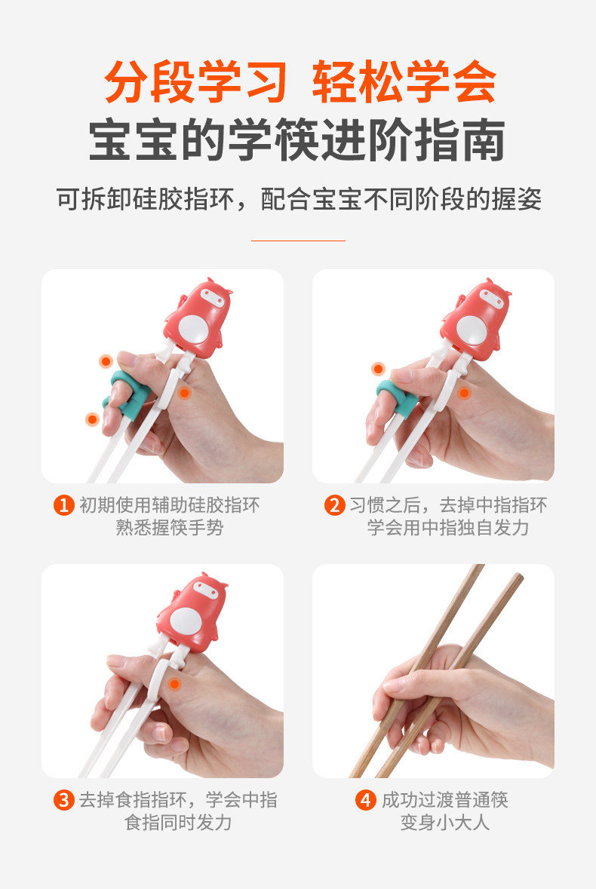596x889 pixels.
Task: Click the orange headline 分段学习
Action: pyautogui.click(x=195, y=81)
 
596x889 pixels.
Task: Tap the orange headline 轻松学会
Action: pyautogui.click(x=404, y=81)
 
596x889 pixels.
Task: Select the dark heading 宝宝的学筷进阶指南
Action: pyautogui.click(x=296, y=140)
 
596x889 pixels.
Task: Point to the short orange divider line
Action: pyautogui.click(x=298, y=241)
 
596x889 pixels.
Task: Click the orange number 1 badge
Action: pyautogui.click(x=63, y=504)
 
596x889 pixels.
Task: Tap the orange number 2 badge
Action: pyautogui.click(x=334, y=504)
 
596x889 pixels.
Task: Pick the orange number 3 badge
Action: pyautogui.click(x=63, y=800)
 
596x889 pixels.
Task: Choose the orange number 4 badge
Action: pyautogui.click(x=366, y=800)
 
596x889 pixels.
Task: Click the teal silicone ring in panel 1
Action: pyautogui.click(x=127, y=394)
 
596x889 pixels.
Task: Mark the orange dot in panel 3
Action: pyautogui.click(x=175, y=685)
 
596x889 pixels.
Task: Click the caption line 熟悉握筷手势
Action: pyautogui.click(x=170, y=528)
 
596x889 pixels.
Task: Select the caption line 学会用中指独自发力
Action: pyautogui.click(x=447, y=528)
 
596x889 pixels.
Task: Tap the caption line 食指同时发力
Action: pyautogui.click(x=178, y=823)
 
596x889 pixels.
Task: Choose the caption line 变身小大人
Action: pyautogui.click(x=445, y=823)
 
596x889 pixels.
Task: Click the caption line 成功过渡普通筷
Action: pyautogui.click(x=445, y=800)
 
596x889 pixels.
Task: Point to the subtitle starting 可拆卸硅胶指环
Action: pyautogui.click(x=299, y=199)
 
